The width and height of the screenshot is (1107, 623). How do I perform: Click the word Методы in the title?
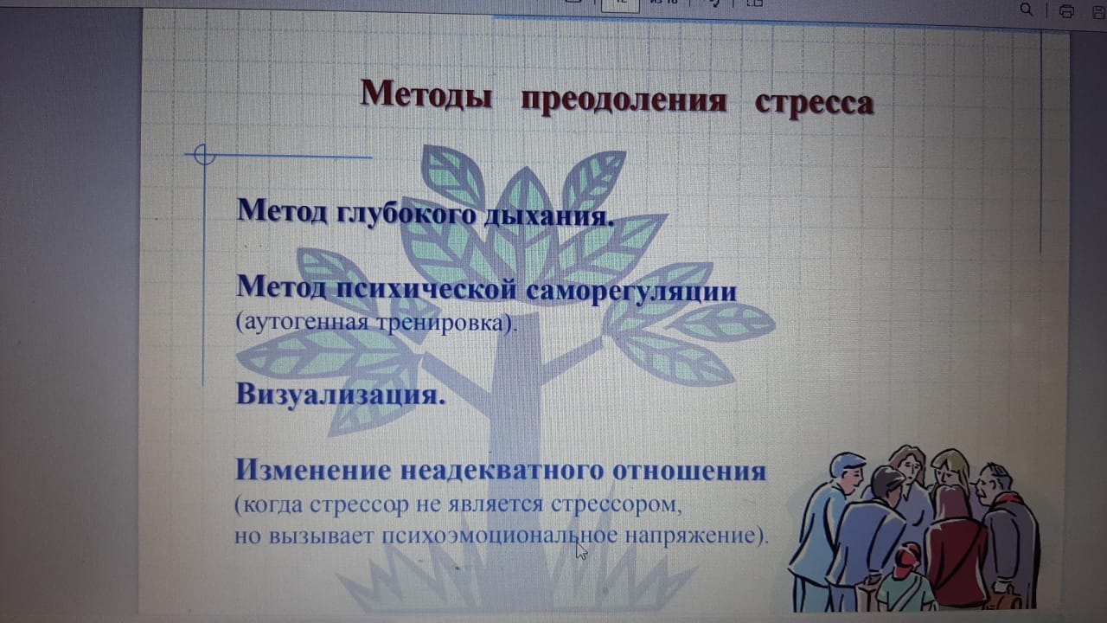point(426,94)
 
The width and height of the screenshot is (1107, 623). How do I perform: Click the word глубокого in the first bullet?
point(406,214)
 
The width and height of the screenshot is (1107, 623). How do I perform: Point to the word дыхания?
point(549,216)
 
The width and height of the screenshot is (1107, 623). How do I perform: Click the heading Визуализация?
point(341,395)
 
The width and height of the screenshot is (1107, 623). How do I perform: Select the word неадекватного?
point(502,470)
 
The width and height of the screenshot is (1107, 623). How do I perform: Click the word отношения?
point(689,472)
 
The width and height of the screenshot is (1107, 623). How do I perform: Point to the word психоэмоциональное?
point(500,536)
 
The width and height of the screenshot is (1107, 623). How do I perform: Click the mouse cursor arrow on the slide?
point(582,550)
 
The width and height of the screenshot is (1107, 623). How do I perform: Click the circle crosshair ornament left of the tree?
point(204,155)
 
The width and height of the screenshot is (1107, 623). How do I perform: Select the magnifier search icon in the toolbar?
point(1026,10)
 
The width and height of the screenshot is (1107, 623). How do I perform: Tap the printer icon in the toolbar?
point(1066,11)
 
